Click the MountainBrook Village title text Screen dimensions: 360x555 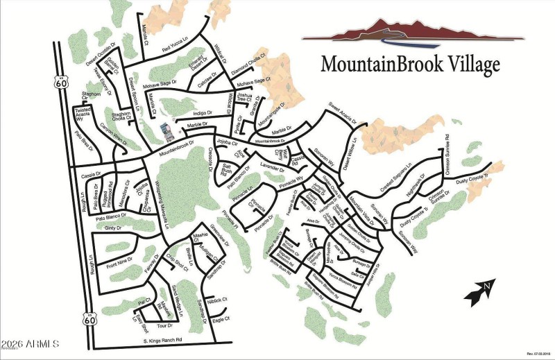[x=410, y=64]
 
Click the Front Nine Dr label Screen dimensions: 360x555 [x=119, y=264]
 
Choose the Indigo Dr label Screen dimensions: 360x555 [x=201, y=112]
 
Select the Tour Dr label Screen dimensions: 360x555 [x=164, y=325]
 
